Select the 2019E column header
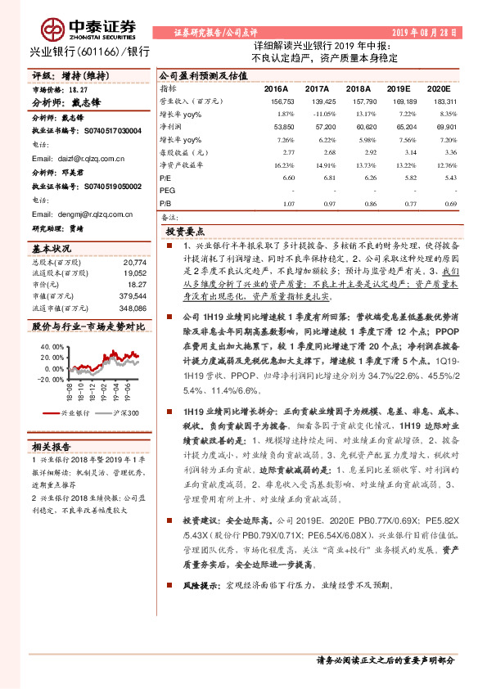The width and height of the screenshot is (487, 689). click(399, 88)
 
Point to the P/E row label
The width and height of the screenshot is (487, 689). click(165, 178)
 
